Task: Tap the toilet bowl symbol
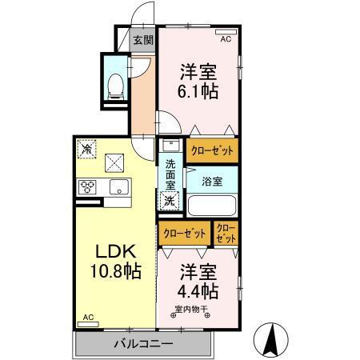114,82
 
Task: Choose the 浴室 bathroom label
211,180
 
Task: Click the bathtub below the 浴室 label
211,206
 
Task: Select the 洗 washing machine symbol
170,201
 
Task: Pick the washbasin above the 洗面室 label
169,147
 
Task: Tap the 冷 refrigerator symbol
86,150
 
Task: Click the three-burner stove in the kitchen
88,187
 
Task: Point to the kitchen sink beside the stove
118,188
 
